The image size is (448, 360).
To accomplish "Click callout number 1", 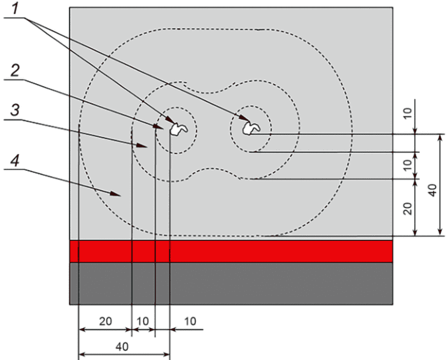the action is pyautogui.click(x=15, y=8).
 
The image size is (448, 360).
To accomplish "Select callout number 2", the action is pyautogui.click(x=15, y=70).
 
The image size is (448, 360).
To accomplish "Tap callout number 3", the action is pyautogui.click(x=15, y=110).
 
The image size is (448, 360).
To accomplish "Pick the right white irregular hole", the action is pyautogui.click(x=251, y=128).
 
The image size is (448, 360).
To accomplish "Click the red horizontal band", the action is pyautogui.click(x=231, y=251).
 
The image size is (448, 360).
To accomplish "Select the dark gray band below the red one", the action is pyautogui.click(x=231, y=283).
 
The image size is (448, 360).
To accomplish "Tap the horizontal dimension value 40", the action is pyautogui.click(x=122, y=347).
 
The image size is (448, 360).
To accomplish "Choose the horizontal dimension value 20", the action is pyautogui.click(x=106, y=321).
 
